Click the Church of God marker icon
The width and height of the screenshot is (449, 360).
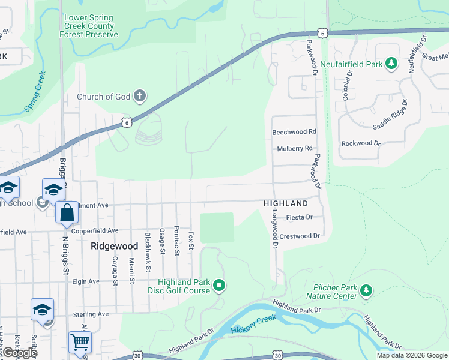pyautogui.click(x=139, y=96)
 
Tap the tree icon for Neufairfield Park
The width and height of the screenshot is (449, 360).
pyautogui.click(x=391, y=63)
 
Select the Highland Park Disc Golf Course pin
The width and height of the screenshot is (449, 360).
pyautogui.click(x=219, y=286)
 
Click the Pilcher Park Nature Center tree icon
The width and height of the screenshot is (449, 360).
pyautogui.click(x=366, y=291)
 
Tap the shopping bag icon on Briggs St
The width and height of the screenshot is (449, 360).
pyautogui.click(x=67, y=212)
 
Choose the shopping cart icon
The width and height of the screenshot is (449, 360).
pyautogui.click(x=80, y=342)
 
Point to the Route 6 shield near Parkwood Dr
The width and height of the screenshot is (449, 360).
pyautogui.click(x=323, y=33)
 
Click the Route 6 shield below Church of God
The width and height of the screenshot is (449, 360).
pyautogui.click(x=125, y=122)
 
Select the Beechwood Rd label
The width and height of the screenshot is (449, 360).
pyautogui.click(x=294, y=131)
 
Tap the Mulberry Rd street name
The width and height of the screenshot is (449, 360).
pyautogui.click(x=295, y=148)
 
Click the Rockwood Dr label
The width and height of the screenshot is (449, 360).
pyautogui.click(x=361, y=143)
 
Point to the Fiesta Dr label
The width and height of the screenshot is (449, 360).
pyautogui.click(x=300, y=217)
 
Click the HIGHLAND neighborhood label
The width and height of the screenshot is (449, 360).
pyautogui.click(x=285, y=204)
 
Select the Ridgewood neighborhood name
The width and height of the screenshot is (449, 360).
pyautogui.click(x=114, y=246)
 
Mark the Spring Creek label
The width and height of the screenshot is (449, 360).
pyautogui.click(x=35, y=92)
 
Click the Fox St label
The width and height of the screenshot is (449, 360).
pyautogui.click(x=191, y=238)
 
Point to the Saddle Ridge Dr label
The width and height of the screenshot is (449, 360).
pyautogui.click(x=390, y=116)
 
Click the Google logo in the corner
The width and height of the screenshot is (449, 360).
pyautogui.click(x=19, y=353)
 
